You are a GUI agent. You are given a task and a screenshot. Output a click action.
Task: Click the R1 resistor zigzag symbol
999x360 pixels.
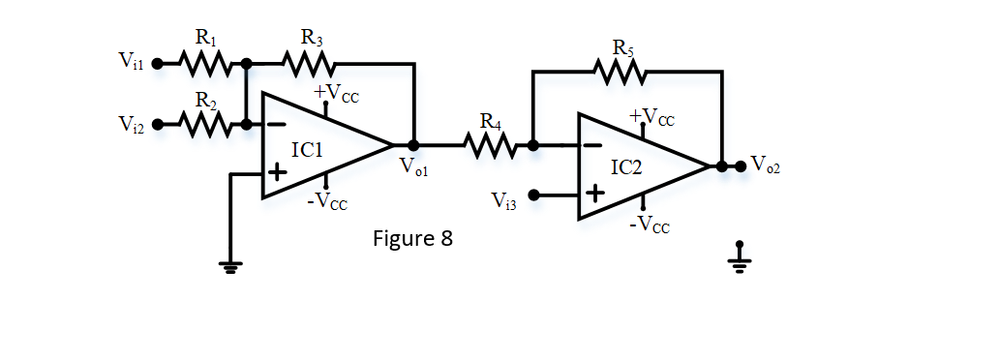coord(204,64)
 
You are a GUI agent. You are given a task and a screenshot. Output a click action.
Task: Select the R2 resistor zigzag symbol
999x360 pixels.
coord(205,124)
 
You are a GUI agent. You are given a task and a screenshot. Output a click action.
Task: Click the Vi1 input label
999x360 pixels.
coord(132,64)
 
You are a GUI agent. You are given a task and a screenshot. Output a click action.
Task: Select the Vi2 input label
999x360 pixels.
coord(132,124)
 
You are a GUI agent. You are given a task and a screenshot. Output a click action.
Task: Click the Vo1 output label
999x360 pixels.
coord(413,166)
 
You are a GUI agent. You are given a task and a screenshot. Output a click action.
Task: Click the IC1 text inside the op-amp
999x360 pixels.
coord(308,151)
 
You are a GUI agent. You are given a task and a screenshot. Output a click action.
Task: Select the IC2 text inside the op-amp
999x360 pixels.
coord(625,167)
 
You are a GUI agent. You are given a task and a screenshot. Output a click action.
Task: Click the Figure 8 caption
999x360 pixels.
coord(412,238)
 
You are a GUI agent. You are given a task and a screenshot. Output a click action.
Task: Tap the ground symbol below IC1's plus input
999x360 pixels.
coord(230,265)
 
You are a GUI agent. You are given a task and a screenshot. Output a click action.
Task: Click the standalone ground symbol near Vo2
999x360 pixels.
coord(740,257)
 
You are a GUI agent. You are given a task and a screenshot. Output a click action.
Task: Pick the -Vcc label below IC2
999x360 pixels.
coord(650,225)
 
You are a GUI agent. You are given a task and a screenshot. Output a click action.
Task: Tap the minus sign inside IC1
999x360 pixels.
coord(276,124)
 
